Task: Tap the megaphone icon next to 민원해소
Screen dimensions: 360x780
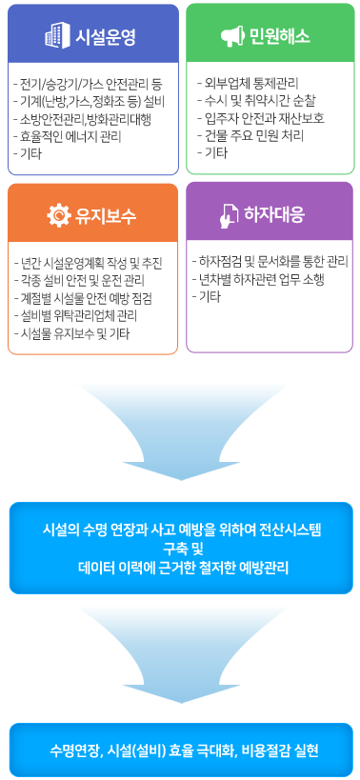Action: [x=233, y=38]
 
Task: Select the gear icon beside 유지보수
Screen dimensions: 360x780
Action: [x=59, y=215]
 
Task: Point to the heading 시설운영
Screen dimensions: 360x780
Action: [x=106, y=38]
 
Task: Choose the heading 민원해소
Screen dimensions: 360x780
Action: [x=281, y=38]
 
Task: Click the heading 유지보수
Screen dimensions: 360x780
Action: [x=106, y=215]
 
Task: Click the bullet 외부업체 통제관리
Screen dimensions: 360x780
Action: [x=246, y=83]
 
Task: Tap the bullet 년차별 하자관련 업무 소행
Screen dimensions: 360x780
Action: [x=262, y=278]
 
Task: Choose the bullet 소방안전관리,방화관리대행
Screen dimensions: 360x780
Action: [x=86, y=118]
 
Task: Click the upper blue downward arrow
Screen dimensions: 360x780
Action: [x=180, y=428]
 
